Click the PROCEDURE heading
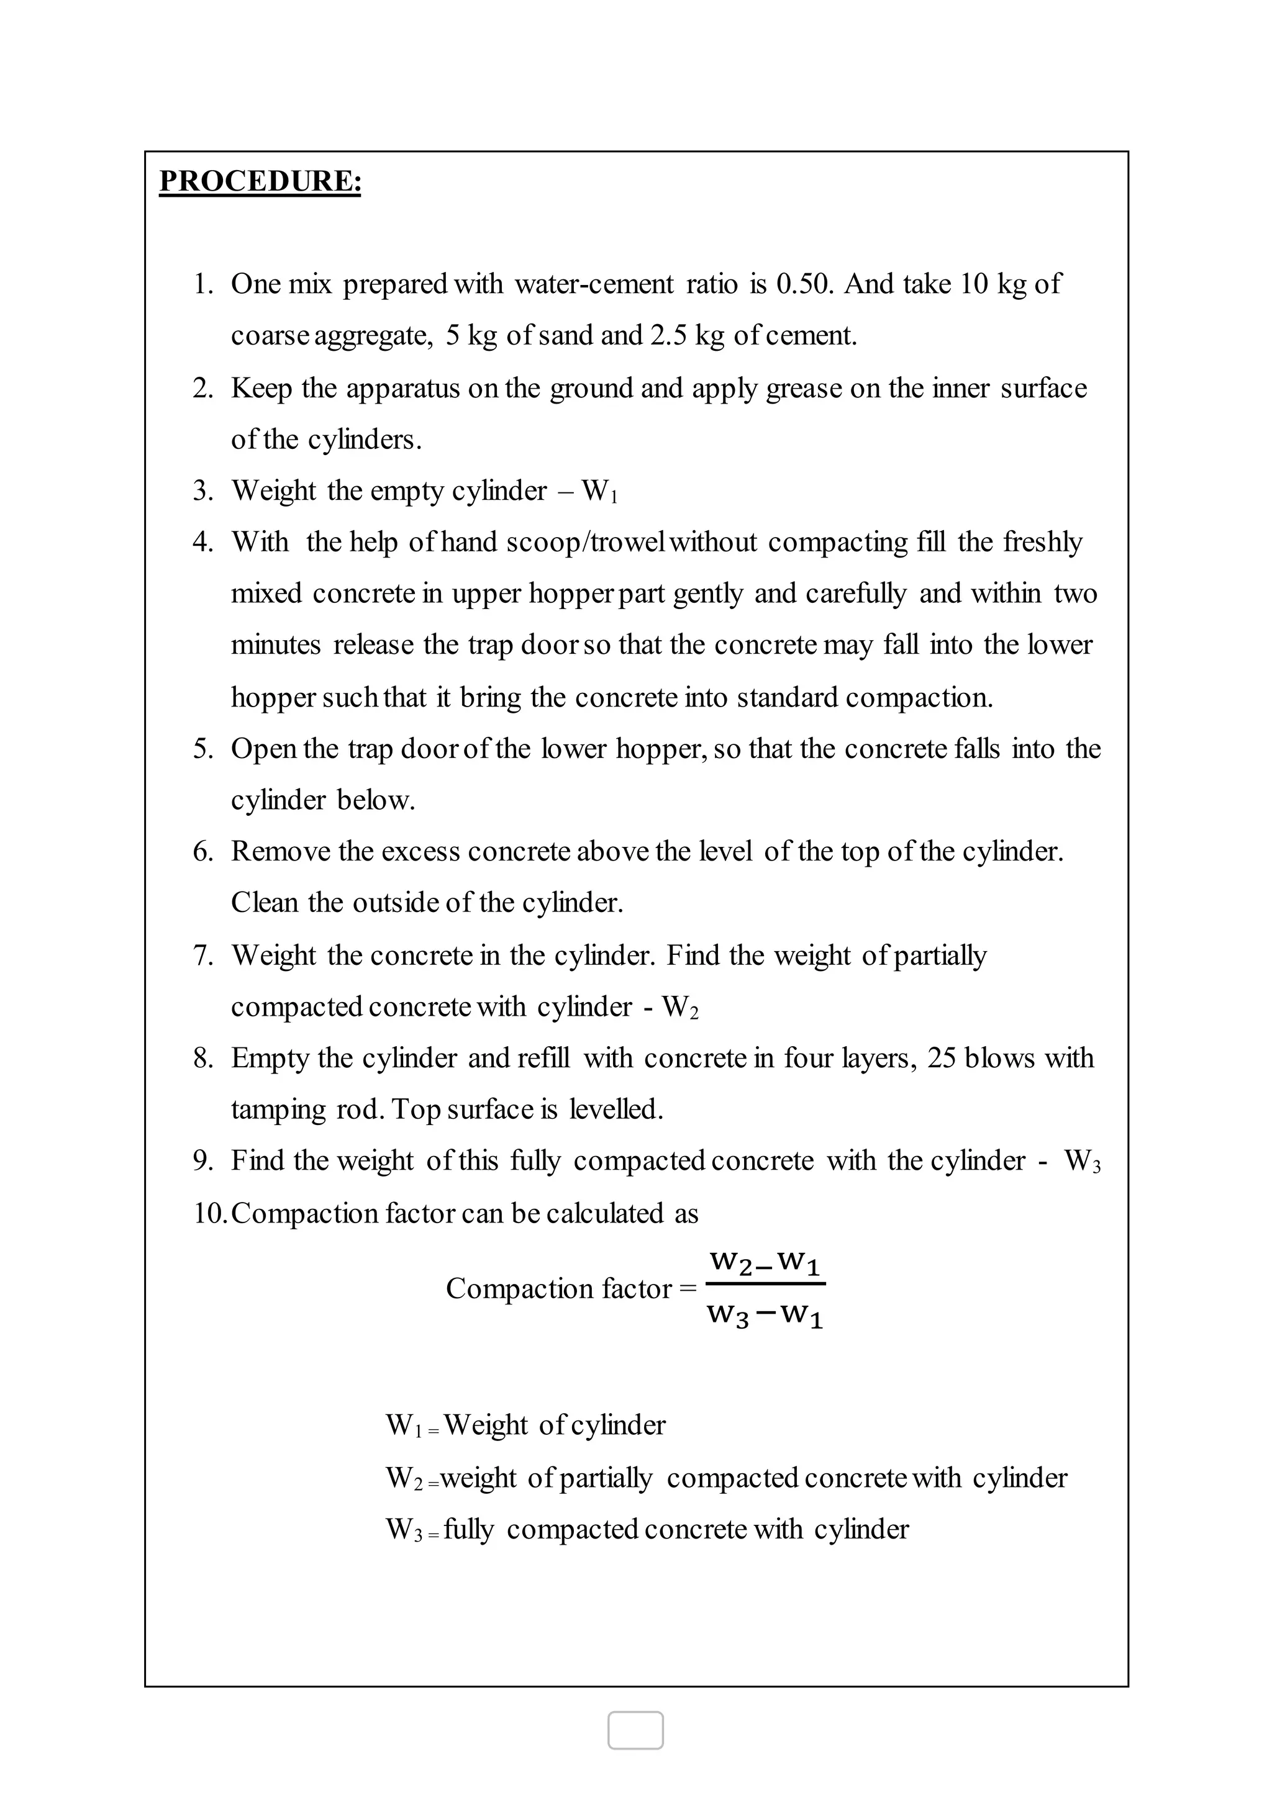260,182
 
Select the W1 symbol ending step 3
599,492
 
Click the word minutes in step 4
276,645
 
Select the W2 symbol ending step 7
680,1007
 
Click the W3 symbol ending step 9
1083,1162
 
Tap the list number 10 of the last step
208,1213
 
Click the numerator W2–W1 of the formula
765,1263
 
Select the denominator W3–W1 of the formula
765,1315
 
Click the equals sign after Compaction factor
688,1289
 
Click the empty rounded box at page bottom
635,1730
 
